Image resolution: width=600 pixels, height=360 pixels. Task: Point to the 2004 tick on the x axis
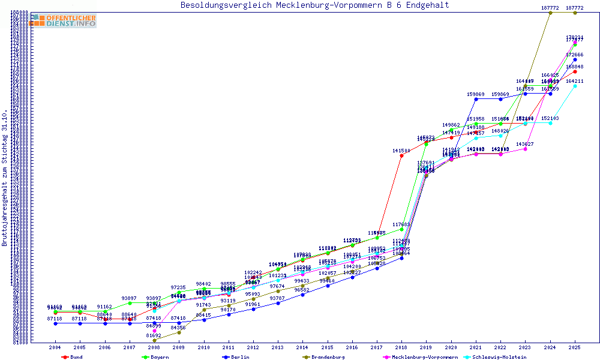tap(55, 347)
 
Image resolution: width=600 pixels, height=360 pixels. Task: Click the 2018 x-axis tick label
tap(401, 347)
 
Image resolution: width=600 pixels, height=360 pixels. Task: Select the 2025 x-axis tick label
tap(575, 347)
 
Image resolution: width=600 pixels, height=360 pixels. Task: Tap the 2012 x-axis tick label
tap(253, 347)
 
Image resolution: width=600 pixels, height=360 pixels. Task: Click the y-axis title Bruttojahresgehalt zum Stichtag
tap(5, 178)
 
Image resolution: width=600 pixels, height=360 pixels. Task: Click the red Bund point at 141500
tap(401, 155)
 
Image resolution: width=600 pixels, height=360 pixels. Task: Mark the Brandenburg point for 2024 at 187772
tap(550, 13)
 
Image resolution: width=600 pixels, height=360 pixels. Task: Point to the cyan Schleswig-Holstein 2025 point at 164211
tap(575, 86)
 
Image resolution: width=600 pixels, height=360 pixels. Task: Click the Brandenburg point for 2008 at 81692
tap(154, 340)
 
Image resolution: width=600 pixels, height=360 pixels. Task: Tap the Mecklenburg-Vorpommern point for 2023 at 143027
tap(525, 149)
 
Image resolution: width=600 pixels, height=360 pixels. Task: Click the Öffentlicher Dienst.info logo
tap(63, 20)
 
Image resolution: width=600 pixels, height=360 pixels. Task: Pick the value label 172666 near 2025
tap(575, 55)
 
